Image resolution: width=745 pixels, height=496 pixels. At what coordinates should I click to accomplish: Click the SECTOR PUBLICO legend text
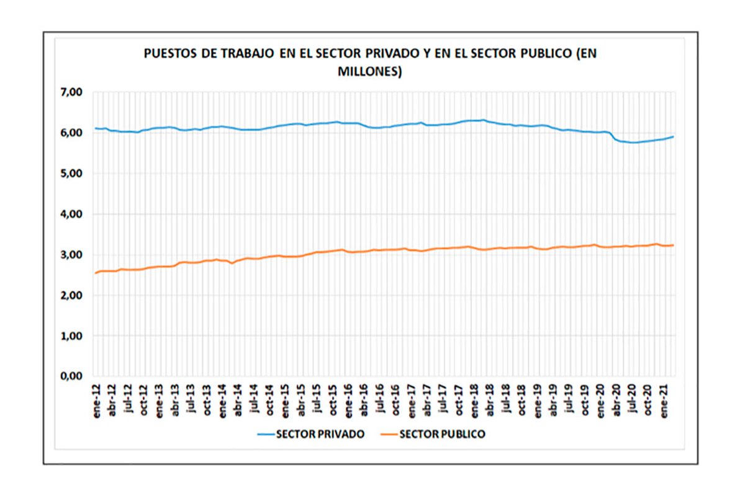(442, 434)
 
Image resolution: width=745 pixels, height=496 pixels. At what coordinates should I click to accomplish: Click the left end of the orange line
(96, 273)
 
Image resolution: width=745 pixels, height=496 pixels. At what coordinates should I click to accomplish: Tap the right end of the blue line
(674, 136)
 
